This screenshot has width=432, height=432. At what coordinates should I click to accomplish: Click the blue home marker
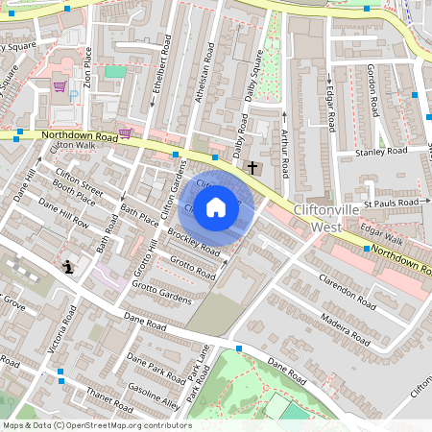(x=216, y=206)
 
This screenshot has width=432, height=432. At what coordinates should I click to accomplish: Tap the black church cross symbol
(x=252, y=168)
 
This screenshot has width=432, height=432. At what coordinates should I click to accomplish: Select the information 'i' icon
(x=67, y=267)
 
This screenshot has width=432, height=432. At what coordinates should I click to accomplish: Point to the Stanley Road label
(x=381, y=152)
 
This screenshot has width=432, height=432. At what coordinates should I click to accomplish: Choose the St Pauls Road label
(x=395, y=204)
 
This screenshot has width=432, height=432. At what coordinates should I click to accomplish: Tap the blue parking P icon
(x=74, y=95)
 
